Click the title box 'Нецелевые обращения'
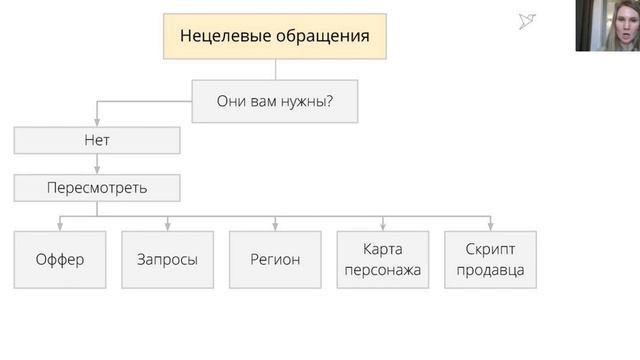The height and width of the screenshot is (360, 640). point(275,37)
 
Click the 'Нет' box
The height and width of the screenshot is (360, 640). point(97,140)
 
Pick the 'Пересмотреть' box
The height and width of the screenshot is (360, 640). point(97,187)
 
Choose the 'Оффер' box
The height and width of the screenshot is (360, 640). point(60,259)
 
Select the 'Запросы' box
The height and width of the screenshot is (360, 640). point(167,259)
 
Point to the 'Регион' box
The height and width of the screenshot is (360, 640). point(275,259)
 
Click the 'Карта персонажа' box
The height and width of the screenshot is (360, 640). point(382,259)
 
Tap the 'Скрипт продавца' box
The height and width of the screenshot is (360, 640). point(490,259)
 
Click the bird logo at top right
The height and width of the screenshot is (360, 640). point(529,21)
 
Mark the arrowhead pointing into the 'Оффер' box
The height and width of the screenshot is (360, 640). point(60,226)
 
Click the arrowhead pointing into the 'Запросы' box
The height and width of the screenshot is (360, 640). point(167,226)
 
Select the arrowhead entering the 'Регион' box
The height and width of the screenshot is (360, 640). point(275,226)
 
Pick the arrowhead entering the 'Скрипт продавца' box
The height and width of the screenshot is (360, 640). point(490,226)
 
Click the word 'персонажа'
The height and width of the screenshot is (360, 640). point(382,269)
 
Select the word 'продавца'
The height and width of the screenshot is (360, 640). point(490,269)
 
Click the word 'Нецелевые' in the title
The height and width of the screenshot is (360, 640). point(225,37)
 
